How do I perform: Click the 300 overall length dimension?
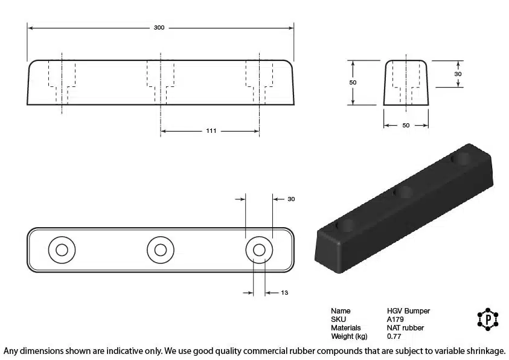(x=159, y=28)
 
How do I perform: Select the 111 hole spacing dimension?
(x=211, y=131)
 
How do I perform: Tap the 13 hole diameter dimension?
(x=284, y=293)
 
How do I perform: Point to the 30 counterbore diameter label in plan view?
(x=291, y=199)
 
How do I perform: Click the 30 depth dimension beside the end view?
(x=458, y=74)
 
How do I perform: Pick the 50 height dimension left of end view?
(x=353, y=83)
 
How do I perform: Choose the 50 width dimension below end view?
(x=406, y=125)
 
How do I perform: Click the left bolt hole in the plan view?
(x=62, y=250)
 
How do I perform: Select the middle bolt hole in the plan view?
(x=161, y=250)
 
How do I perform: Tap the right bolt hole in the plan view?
(x=259, y=250)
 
